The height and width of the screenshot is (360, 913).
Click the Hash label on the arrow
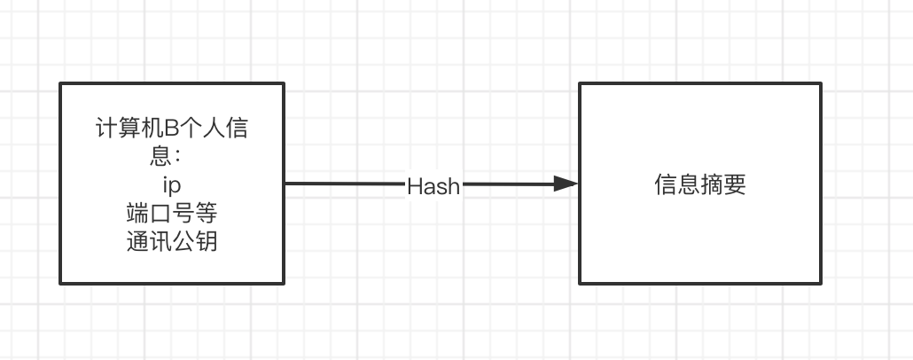tap(433, 186)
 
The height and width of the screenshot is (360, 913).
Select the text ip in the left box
tap(172, 185)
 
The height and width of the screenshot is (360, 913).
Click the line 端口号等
tap(172, 214)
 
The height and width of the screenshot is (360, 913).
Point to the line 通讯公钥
tap(172, 241)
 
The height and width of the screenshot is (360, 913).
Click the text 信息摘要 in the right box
tap(700, 184)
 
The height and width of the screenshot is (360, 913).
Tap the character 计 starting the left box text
tap(106, 129)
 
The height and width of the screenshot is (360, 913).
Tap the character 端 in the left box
tap(137, 214)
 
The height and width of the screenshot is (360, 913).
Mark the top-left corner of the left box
tap(60, 83)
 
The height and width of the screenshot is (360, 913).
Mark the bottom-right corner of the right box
tap(821, 284)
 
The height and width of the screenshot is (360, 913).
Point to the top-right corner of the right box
tap(821, 83)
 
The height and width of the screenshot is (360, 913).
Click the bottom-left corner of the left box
tap(60, 283)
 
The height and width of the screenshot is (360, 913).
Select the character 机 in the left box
tap(151, 129)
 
